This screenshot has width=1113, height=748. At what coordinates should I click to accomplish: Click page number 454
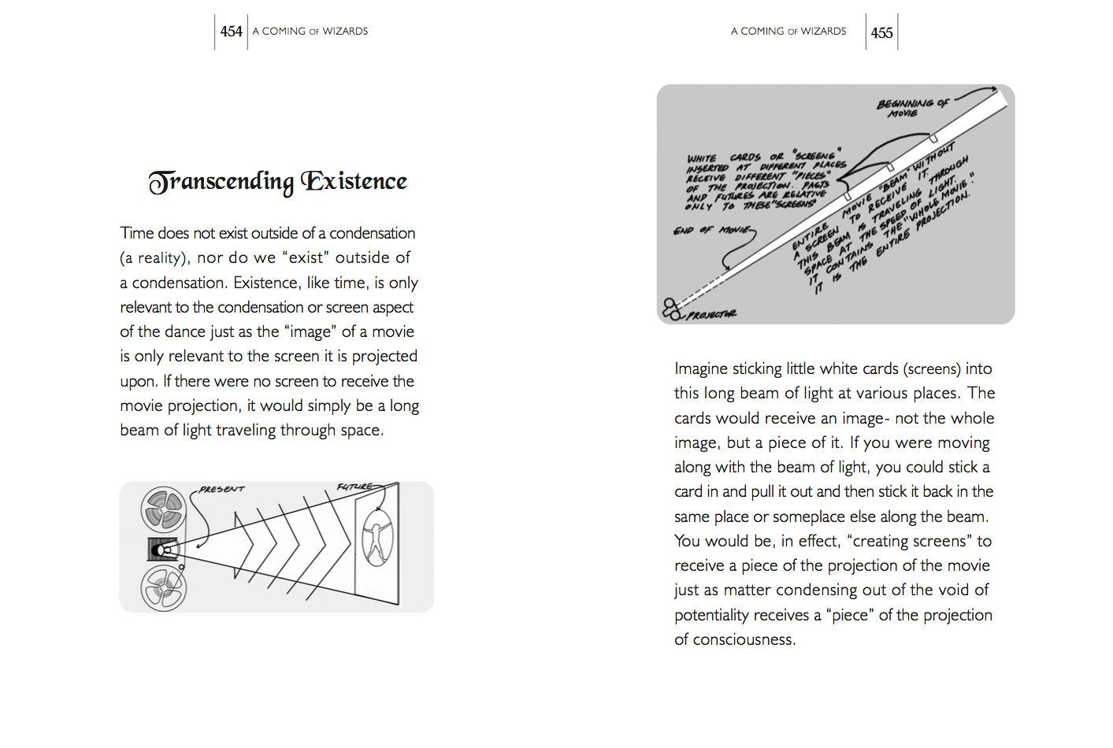tap(231, 31)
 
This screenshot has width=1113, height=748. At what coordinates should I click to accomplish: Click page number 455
tap(881, 32)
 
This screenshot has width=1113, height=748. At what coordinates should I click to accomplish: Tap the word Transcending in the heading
tap(221, 182)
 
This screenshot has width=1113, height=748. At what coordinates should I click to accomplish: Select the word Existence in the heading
tap(354, 181)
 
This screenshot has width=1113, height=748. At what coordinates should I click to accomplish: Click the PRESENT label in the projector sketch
tap(221, 489)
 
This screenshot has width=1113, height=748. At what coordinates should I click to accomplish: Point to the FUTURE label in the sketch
tap(354, 487)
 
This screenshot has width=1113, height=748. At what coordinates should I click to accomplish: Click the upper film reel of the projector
tap(163, 509)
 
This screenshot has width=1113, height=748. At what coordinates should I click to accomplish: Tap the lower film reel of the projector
tap(163, 587)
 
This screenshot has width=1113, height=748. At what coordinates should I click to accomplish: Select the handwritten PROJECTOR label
tap(711, 315)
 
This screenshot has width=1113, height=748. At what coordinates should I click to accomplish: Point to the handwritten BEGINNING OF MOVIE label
tap(912, 107)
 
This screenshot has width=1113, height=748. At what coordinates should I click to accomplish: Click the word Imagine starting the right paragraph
tap(700, 368)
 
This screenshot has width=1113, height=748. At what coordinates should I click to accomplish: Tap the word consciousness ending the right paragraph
tap(744, 639)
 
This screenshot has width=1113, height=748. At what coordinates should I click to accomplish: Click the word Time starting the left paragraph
tap(136, 233)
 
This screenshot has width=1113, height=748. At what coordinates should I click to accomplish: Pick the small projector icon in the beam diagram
tap(671, 308)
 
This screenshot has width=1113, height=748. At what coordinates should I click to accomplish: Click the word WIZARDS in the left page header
tap(345, 31)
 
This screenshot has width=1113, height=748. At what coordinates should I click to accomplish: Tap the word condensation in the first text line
tap(372, 233)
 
